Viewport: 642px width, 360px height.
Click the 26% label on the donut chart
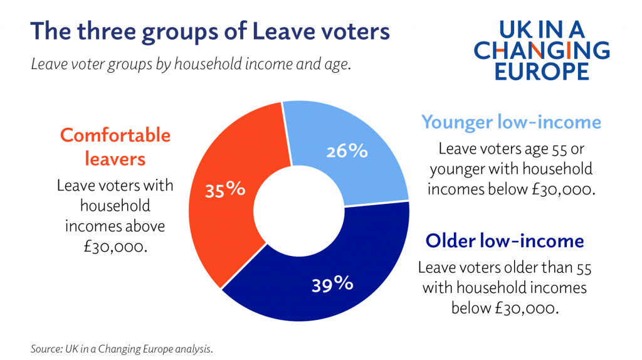(x=346, y=151)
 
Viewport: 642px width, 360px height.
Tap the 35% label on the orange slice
(x=224, y=189)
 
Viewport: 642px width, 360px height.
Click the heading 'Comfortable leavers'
(x=115, y=146)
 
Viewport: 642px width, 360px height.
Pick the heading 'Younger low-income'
(x=511, y=122)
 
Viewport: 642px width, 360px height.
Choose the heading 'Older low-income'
(x=505, y=241)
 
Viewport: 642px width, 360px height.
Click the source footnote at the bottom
(x=122, y=348)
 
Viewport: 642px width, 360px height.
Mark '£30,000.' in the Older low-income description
(x=525, y=308)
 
